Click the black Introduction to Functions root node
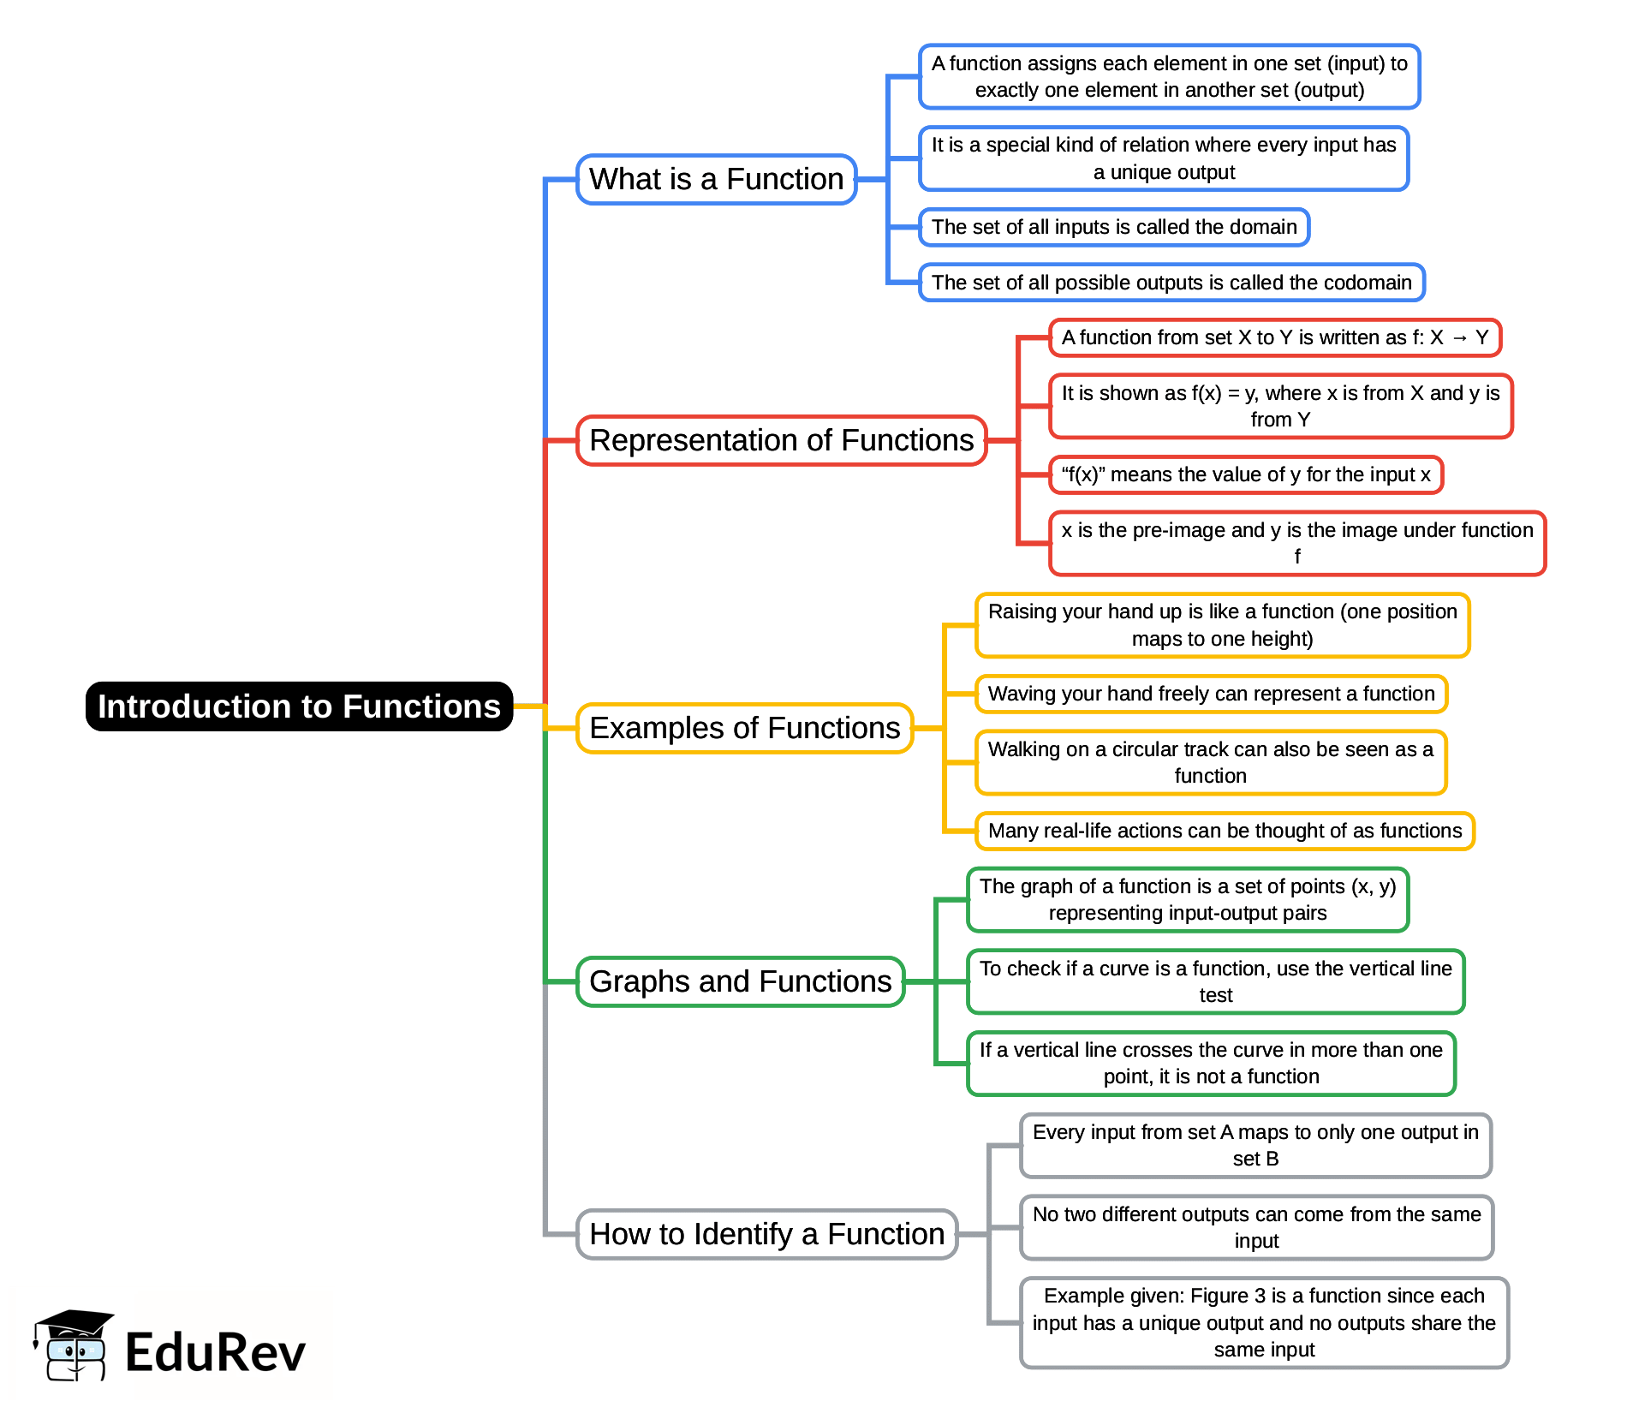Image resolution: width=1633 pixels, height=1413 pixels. [x=299, y=706]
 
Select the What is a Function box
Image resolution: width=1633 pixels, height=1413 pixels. [x=716, y=179]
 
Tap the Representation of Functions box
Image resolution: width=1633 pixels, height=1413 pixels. [x=781, y=440]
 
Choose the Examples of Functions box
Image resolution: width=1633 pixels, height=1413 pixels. [x=744, y=728]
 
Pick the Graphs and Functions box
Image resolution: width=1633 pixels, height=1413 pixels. [x=740, y=981]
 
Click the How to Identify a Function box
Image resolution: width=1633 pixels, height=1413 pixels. [x=766, y=1234]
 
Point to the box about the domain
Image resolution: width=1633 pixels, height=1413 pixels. [x=1113, y=227]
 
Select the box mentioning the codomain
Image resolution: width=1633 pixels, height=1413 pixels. [x=1171, y=283]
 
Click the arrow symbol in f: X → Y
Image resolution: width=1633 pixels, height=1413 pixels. [x=1459, y=338]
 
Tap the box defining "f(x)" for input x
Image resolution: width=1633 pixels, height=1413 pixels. [x=1245, y=474]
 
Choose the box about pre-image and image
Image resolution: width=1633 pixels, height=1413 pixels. [x=1296, y=543]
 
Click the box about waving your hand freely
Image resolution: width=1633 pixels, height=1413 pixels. [x=1211, y=694]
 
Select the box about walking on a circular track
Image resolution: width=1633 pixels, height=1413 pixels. [x=1210, y=762]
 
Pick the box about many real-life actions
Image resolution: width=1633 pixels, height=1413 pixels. [x=1225, y=831]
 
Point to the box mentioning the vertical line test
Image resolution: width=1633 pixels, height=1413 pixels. [x=1215, y=981]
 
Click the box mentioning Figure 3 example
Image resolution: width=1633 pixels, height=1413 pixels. [x=1263, y=1322]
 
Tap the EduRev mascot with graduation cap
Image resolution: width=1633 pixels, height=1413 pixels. [x=72, y=1345]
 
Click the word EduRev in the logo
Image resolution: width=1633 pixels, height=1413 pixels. [x=215, y=1353]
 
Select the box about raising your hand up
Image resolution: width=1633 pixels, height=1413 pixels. [x=1222, y=625]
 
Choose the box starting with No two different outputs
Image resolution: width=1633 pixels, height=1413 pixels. [x=1256, y=1227]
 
